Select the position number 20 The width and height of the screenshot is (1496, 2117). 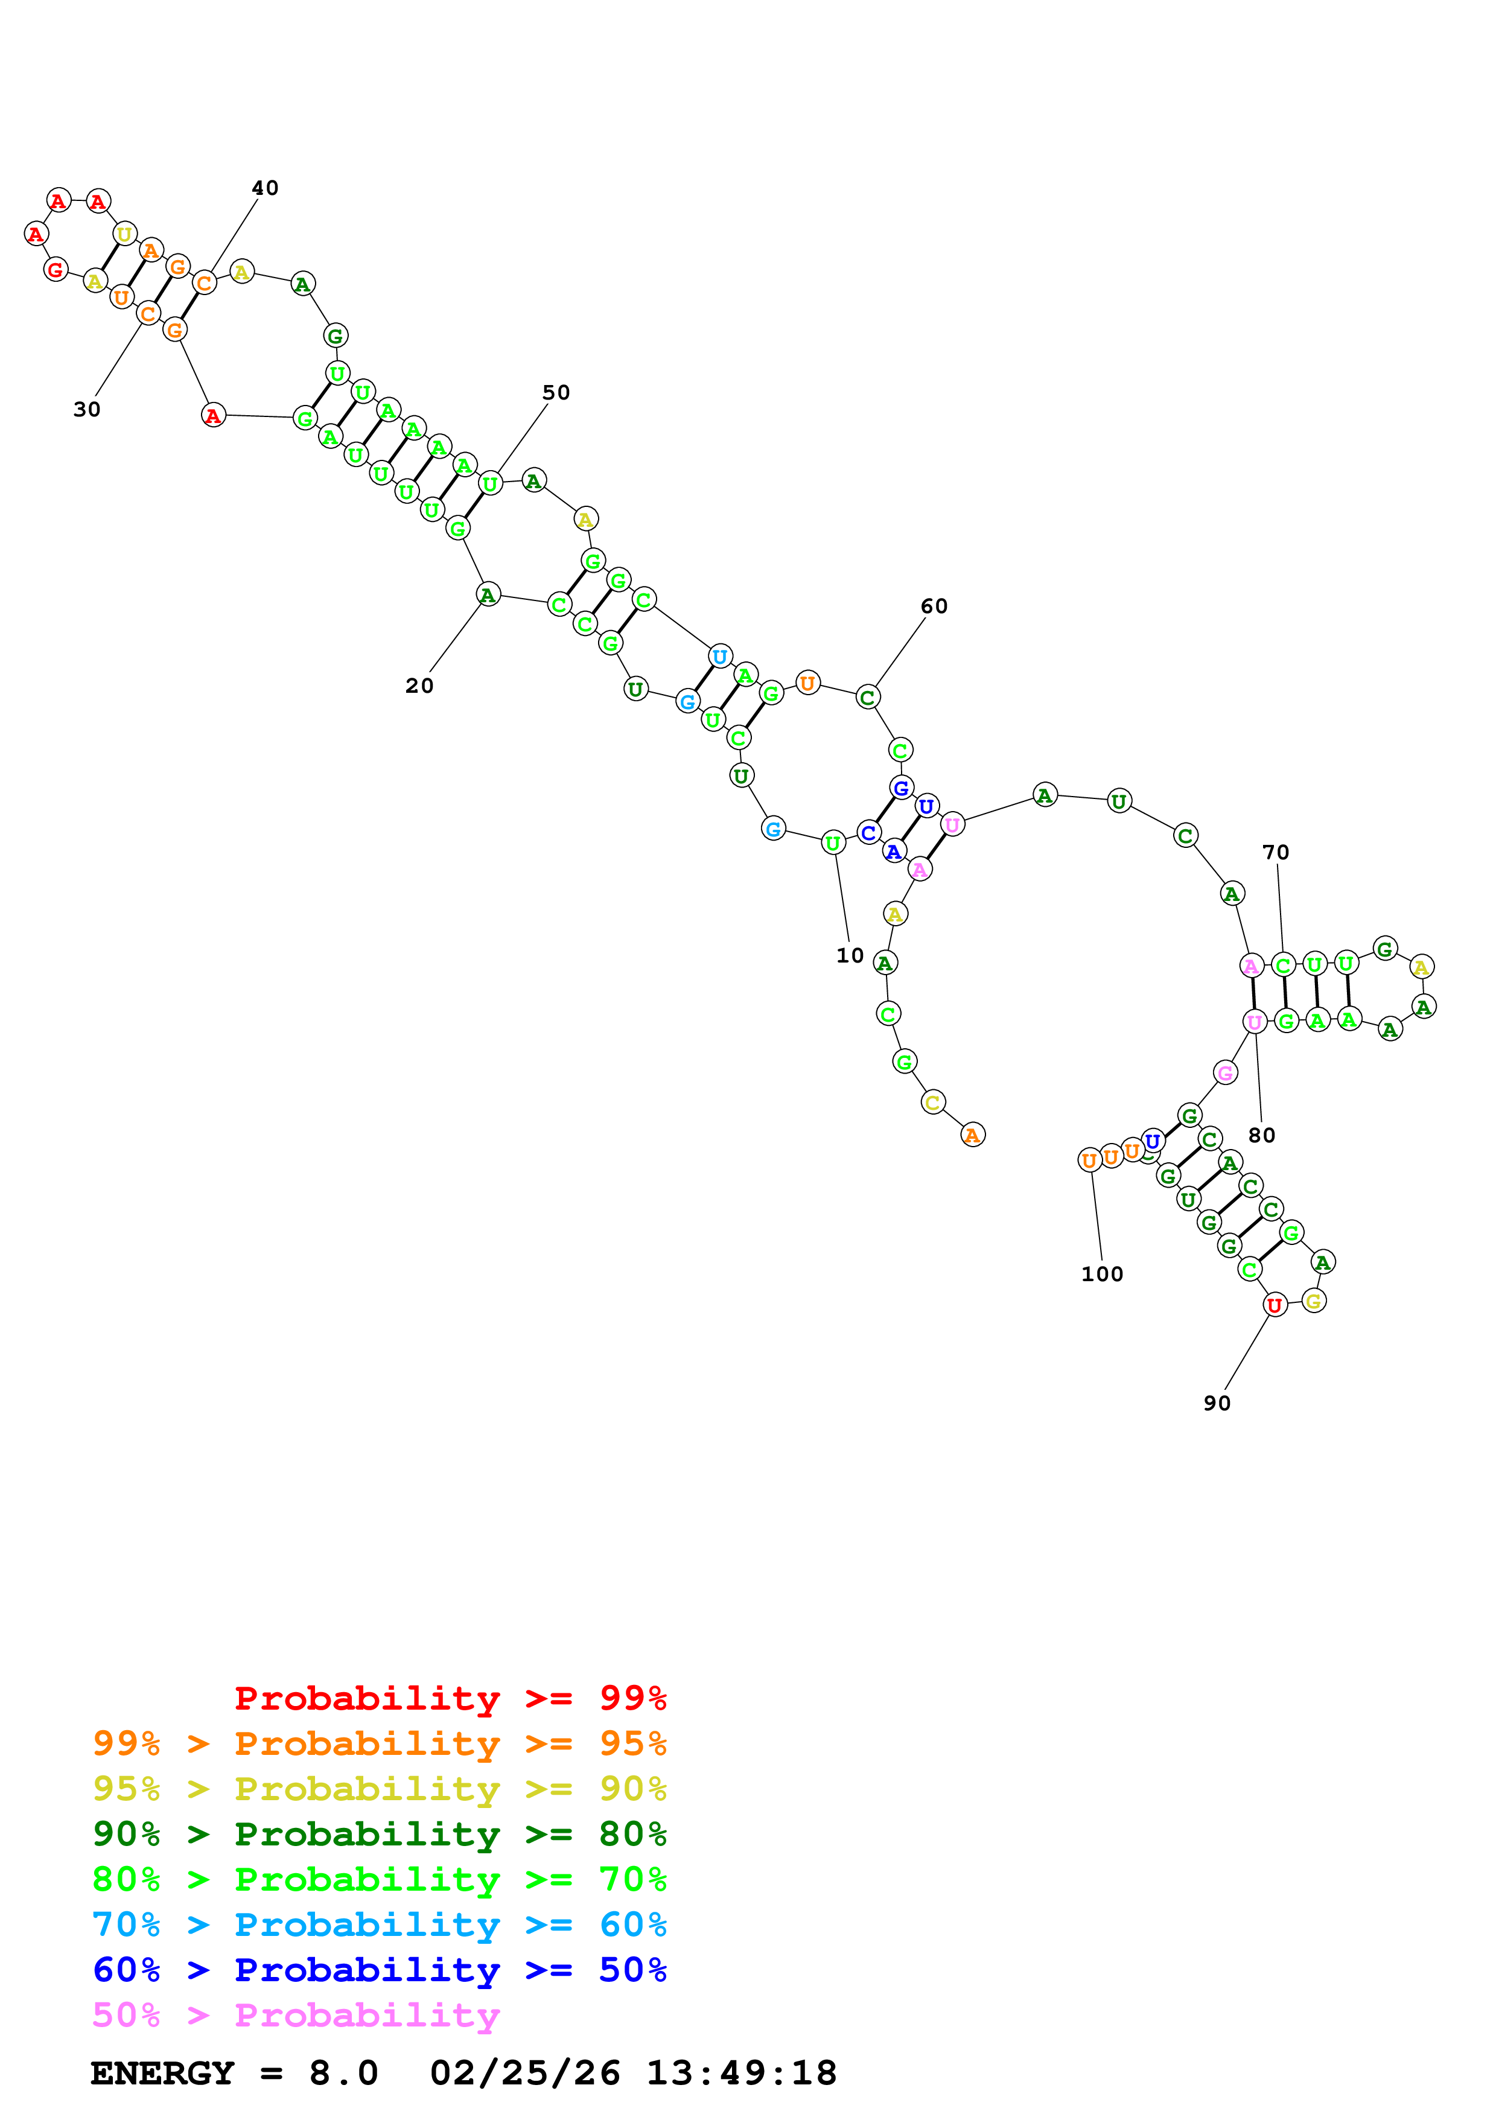[419, 686]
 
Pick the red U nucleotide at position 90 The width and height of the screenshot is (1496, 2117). [1274, 1305]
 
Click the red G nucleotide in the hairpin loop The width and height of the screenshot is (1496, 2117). [56, 270]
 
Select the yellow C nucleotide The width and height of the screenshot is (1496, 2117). [933, 1102]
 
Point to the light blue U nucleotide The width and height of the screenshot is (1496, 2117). [720, 657]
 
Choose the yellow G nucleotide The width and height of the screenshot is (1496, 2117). [1314, 1301]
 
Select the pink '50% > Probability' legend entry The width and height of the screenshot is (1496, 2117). [295, 2016]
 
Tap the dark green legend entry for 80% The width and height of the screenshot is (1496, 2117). [379, 1834]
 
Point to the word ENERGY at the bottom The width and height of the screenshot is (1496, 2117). [162, 2074]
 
